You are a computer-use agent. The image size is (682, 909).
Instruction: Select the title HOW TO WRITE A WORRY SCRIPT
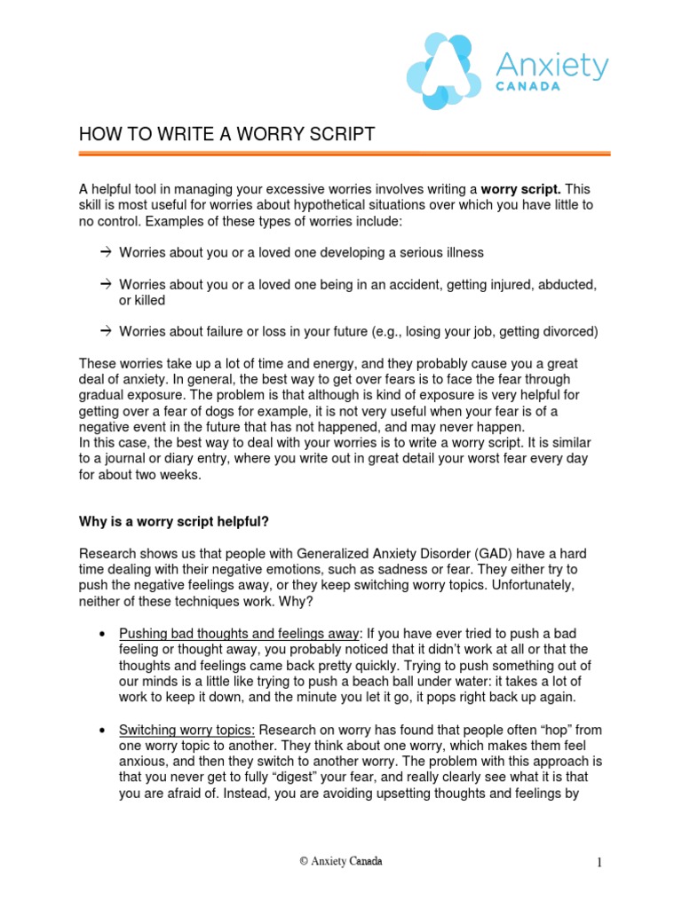[226, 134]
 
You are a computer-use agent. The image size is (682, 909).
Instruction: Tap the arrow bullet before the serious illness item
[105, 253]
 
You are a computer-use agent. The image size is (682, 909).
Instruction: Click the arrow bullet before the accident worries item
[105, 285]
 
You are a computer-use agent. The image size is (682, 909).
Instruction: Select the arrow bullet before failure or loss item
[105, 331]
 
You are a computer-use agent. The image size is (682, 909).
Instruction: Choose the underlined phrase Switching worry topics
[186, 730]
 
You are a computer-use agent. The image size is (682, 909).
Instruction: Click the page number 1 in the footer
[599, 862]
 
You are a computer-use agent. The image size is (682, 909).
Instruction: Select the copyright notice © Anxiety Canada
[341, 861]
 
